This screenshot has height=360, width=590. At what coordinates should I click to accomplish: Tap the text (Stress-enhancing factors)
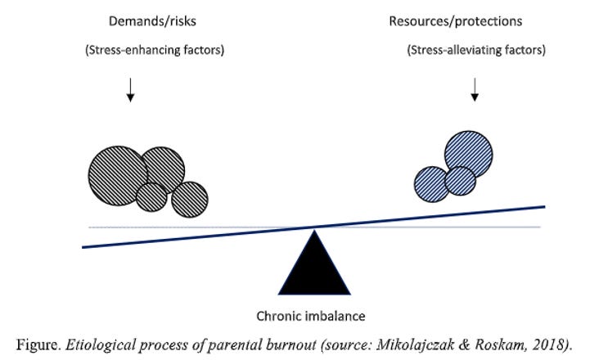[154, 51]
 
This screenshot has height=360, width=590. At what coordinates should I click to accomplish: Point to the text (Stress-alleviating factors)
[475, 51]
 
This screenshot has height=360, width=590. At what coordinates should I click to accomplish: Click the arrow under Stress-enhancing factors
[130, 92]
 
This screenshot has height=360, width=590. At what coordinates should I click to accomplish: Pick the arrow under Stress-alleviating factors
[475, 92]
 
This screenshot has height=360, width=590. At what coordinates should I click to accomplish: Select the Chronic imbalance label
[313, 315]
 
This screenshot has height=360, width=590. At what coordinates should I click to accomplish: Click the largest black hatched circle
[118, 173]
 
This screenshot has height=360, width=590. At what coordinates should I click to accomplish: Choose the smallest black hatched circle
[151, 196]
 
